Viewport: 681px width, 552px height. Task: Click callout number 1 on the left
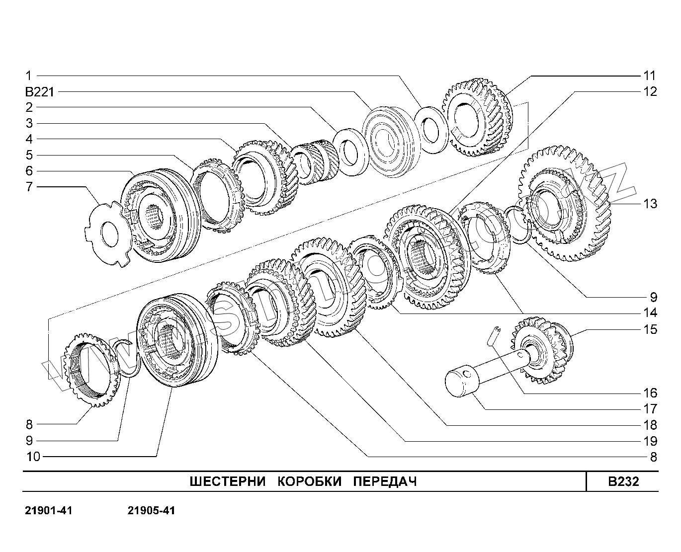pyautogui.click(x=29, y=76)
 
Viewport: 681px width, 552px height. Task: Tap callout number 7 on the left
pyautogui.click(x=29, y=187)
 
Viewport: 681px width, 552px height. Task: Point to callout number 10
pyautogui.click(x=33, y=456)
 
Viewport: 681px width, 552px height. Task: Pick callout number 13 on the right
pyautogui.click(x=650, y=204)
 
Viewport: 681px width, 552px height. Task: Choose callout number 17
pyautogui.click(x=650, y=409)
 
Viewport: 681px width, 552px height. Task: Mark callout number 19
pyautogui.click(x=650, y=441)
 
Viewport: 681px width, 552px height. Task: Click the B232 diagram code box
pyautogui.click(x=623, y=481)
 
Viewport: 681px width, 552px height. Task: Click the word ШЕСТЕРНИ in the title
pyautogui.click(x=227, y=481)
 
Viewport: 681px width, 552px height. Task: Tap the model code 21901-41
pyautogui.click(x=48, y=511)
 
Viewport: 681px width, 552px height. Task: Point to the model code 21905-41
pyautogui.click(x=151, y=511)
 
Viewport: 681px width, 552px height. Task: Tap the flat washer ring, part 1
pyautogui.click(x=431, y=130)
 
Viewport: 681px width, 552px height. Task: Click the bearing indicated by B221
pyautogui.click(x=389, y=142)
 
